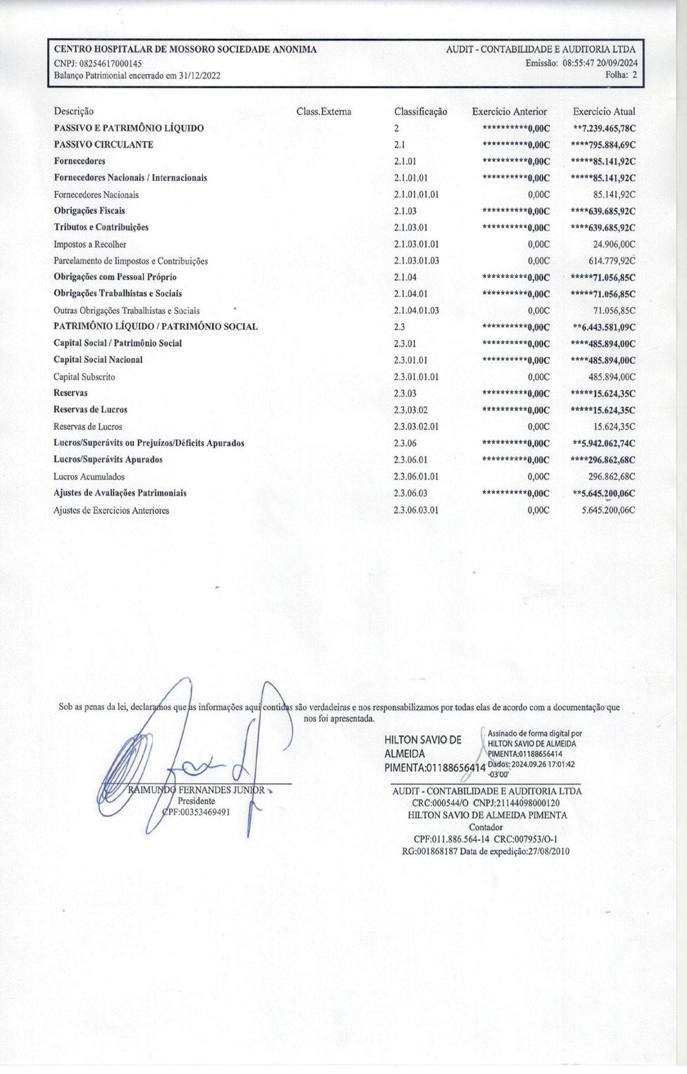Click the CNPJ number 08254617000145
[110, 63]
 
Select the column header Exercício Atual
[604, 111]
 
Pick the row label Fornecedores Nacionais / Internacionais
[130, 178]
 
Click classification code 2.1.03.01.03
[417, 261]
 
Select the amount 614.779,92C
[612, 261]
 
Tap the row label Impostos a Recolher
[90, 244]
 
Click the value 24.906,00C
[614, 244]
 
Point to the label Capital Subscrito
[84, 377]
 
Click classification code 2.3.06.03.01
[416, 510]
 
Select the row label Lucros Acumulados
[89, 477]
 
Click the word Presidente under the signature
[197, 801]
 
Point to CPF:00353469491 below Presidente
[197, 812]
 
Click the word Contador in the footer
[487, 827]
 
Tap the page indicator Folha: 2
[621, 75]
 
